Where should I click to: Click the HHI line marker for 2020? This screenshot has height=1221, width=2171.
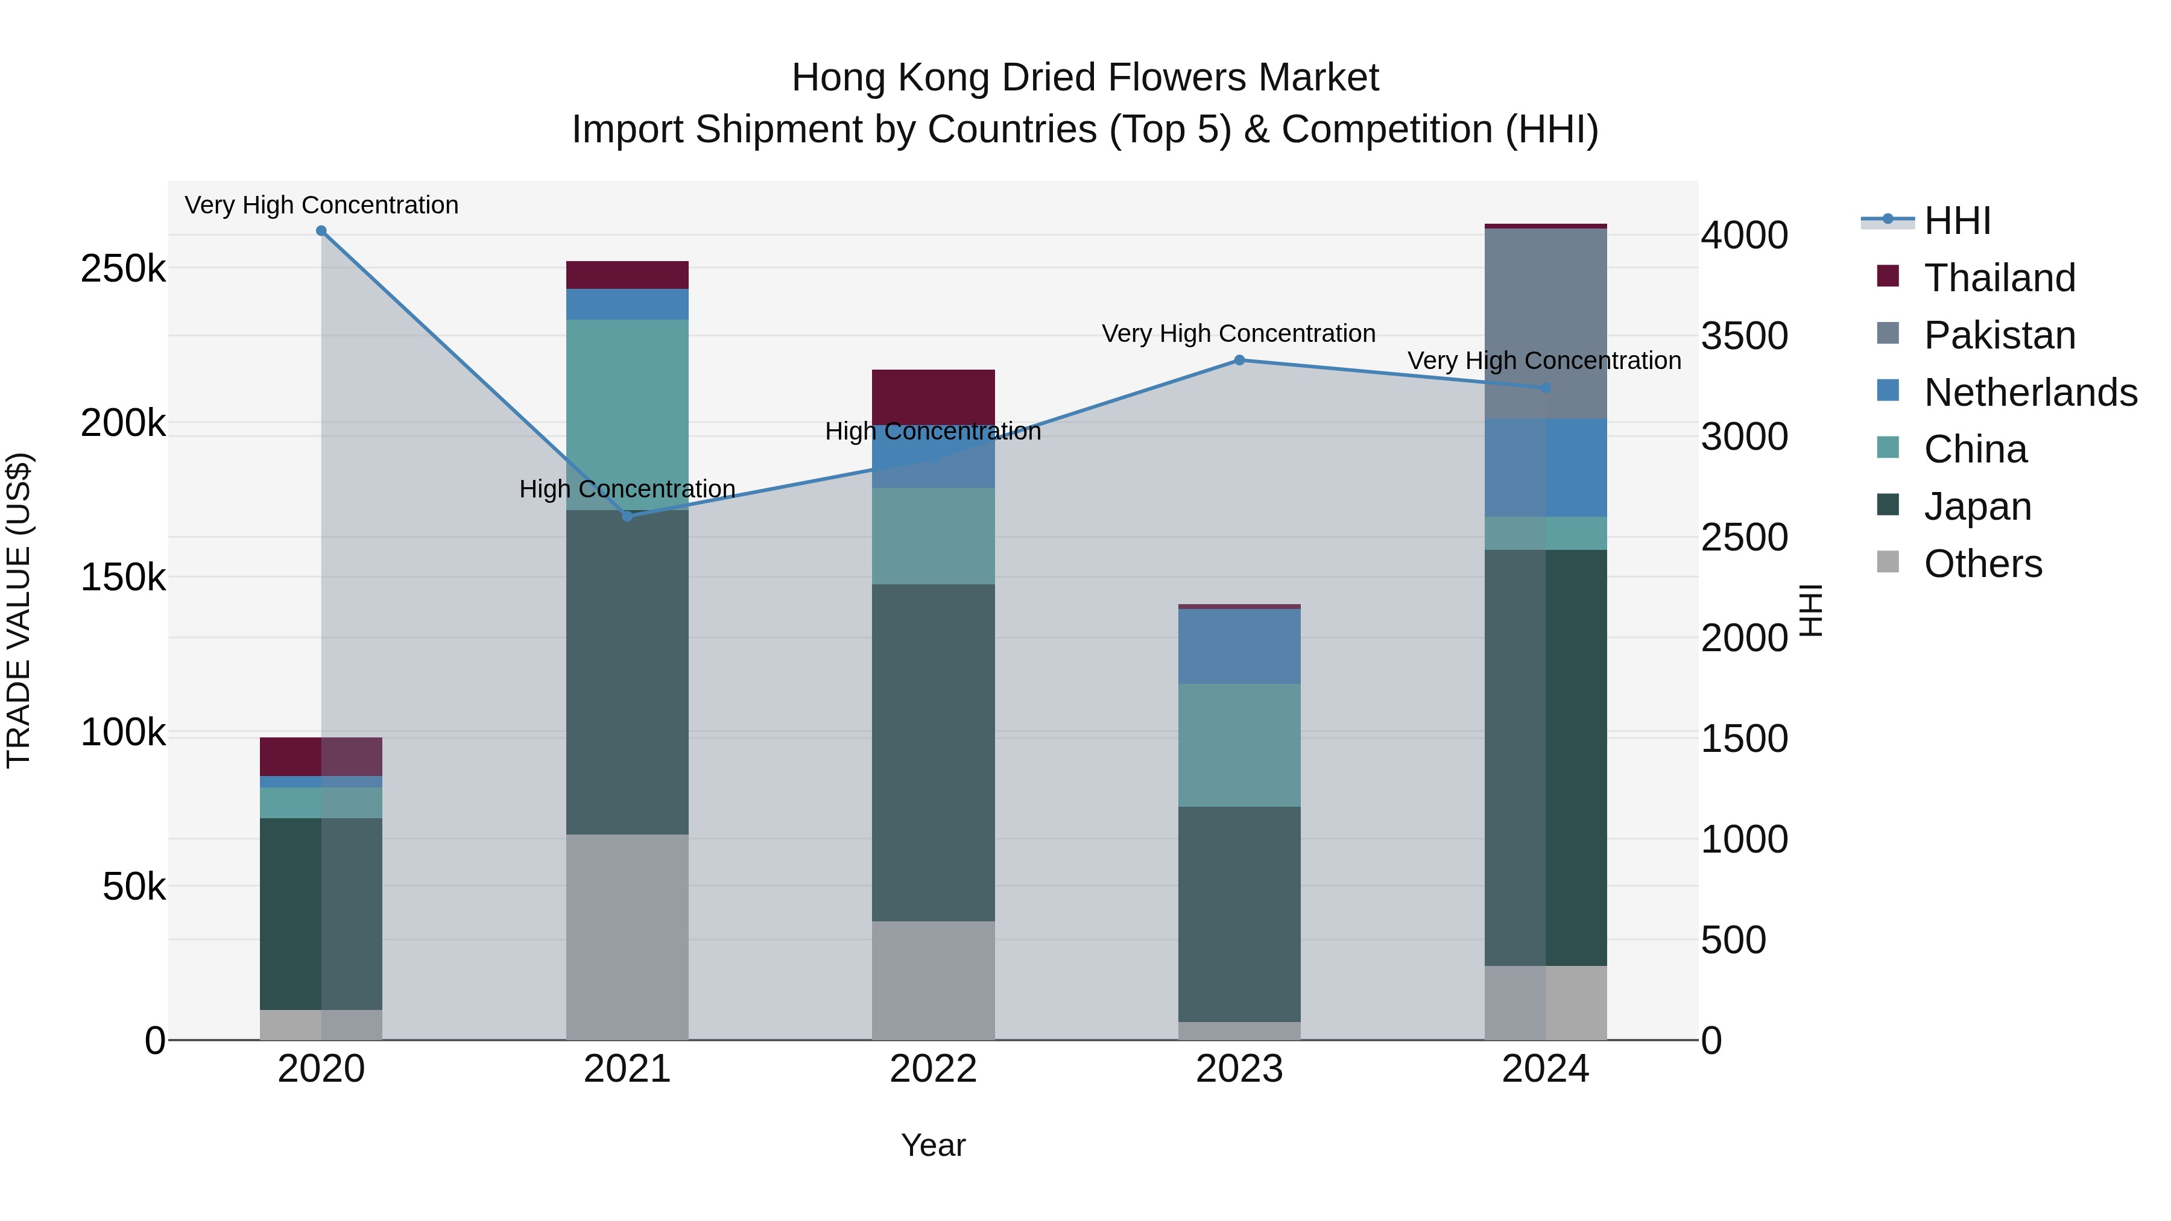pos(321,231)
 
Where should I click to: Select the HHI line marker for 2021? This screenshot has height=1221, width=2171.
pos(627,516)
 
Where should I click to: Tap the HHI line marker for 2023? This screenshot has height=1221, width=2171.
pos(1239,361)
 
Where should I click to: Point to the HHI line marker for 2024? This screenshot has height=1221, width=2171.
pos(1545,388)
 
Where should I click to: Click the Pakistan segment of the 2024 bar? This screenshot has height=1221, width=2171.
pos(1545,324)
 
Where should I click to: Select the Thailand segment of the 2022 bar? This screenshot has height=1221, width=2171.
pos(933,397)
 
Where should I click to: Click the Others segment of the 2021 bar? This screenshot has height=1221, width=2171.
pos(627,937)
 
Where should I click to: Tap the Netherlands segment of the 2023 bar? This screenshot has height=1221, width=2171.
pos(1239,646)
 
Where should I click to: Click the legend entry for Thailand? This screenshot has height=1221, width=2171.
pos(1999,278)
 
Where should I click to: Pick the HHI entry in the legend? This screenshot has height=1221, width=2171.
pos(1957,221)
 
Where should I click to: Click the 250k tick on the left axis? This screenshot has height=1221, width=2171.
pos(123,270)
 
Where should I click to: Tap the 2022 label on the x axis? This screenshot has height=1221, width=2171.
pos(933,1069)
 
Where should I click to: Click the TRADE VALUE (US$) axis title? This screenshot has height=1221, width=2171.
pos(19,610)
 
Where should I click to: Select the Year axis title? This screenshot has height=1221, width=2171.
pos(933,1145)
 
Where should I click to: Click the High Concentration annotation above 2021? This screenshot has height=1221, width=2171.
pos(627,489)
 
